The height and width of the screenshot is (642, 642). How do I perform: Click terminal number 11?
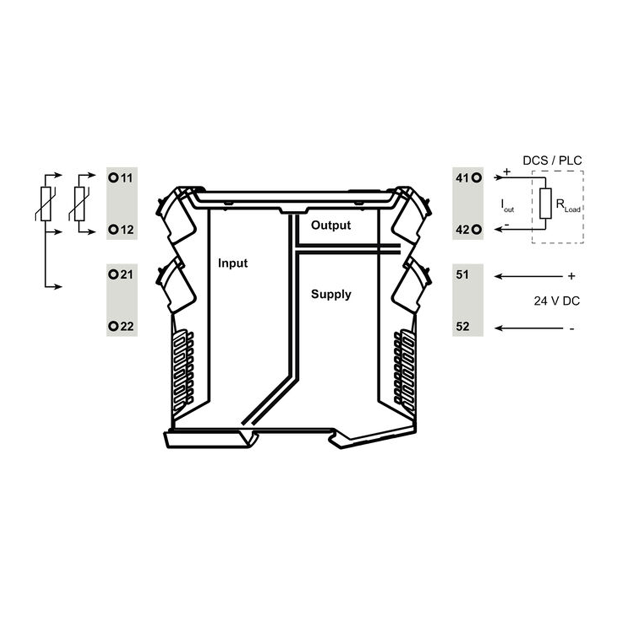127,178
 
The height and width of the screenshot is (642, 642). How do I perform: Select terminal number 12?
127,230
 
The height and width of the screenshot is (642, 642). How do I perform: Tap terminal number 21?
127,274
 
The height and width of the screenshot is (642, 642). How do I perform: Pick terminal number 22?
127,327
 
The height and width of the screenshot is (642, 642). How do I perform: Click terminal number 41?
462,178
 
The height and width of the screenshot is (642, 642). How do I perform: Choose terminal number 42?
462,230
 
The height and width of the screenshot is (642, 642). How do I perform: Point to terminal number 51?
462,274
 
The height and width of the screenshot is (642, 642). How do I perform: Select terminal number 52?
462,327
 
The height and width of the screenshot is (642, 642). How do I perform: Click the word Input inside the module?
233,263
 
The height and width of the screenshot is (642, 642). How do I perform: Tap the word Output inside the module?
331,225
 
